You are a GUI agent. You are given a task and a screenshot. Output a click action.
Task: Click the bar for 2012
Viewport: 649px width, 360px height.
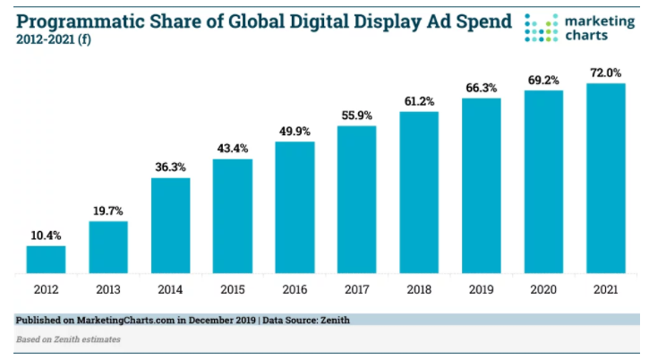46,259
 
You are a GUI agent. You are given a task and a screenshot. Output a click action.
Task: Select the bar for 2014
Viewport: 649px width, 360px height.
170,225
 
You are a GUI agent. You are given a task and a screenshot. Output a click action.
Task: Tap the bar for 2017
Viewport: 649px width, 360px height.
356,199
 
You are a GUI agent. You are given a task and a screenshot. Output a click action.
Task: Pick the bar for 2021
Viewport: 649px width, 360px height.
605,177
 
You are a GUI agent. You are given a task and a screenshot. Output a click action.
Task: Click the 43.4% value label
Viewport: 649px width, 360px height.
232,148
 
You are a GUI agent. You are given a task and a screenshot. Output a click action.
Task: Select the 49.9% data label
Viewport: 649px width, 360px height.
295,131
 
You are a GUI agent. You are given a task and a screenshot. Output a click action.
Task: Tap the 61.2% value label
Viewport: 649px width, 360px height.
419,100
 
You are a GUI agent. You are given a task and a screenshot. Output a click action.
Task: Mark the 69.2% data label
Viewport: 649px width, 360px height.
543,79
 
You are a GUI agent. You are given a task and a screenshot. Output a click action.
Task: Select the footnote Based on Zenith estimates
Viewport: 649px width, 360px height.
68,339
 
